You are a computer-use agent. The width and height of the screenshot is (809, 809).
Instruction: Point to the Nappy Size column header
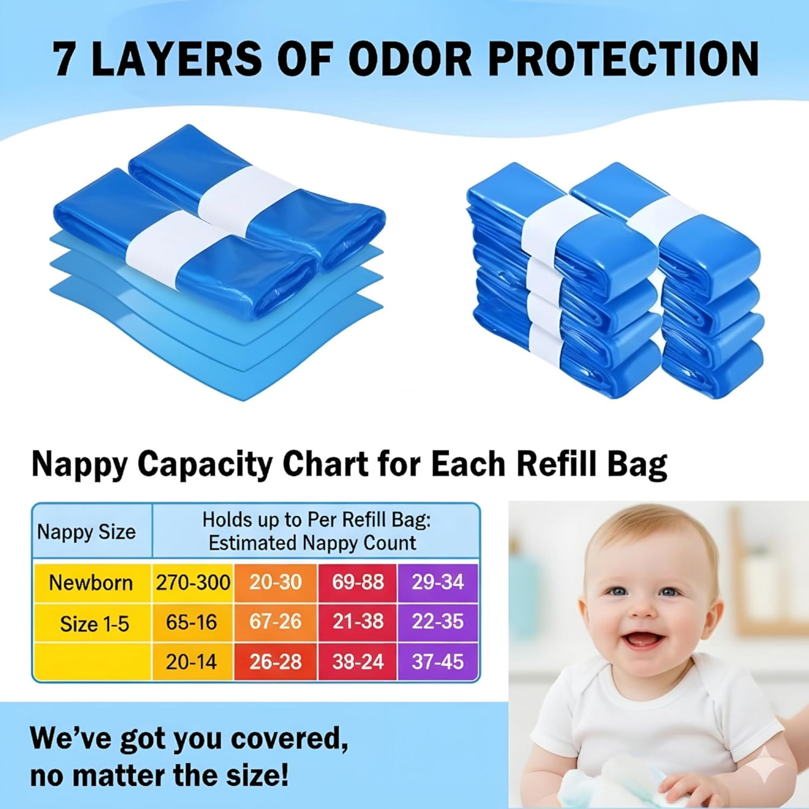tap(86, 532)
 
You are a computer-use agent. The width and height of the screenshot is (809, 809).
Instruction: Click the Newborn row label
tap(91, 582)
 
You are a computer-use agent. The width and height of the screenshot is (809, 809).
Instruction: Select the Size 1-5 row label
tap(94, 624)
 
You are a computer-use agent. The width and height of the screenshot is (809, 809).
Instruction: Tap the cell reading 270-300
tap(193, 582)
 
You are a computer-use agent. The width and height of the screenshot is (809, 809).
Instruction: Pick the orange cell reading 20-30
tap(276, 582)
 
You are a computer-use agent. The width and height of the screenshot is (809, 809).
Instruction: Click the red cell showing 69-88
tap(358, 582)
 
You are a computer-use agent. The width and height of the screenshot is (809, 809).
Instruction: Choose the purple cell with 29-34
tap(437, 582)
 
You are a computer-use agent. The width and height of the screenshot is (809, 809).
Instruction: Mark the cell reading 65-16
tap(191, 622)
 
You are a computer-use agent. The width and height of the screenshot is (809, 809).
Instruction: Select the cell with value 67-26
tap(275, 621)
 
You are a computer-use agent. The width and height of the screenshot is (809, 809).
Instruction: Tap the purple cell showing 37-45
tap(437, 662)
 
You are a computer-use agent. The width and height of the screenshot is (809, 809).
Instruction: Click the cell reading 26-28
tap(275, 662)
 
